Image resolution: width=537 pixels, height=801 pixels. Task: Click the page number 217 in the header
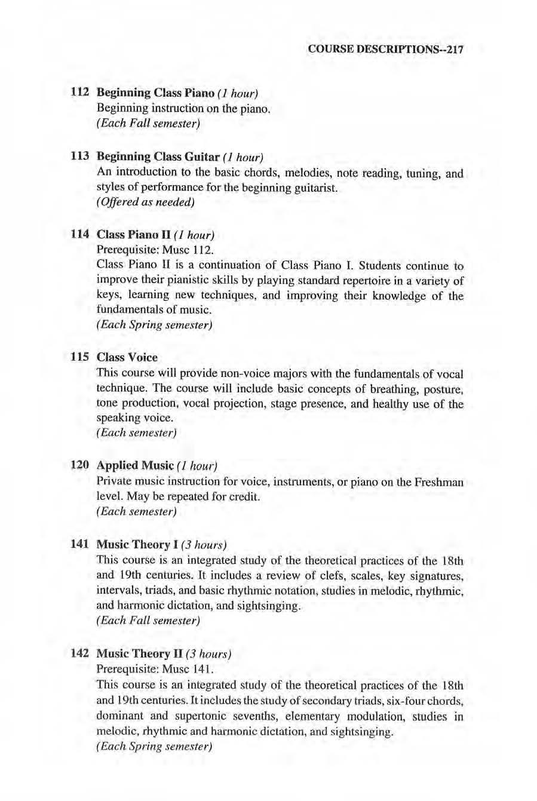tap(454, 50)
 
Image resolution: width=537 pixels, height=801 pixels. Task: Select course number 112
tap(79, 93)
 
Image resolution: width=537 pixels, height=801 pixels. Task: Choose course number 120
tap(79, 465)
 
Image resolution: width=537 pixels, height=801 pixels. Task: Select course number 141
tap(79, 544)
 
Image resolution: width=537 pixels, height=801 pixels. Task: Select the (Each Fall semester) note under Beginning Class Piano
tap(147, 124)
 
